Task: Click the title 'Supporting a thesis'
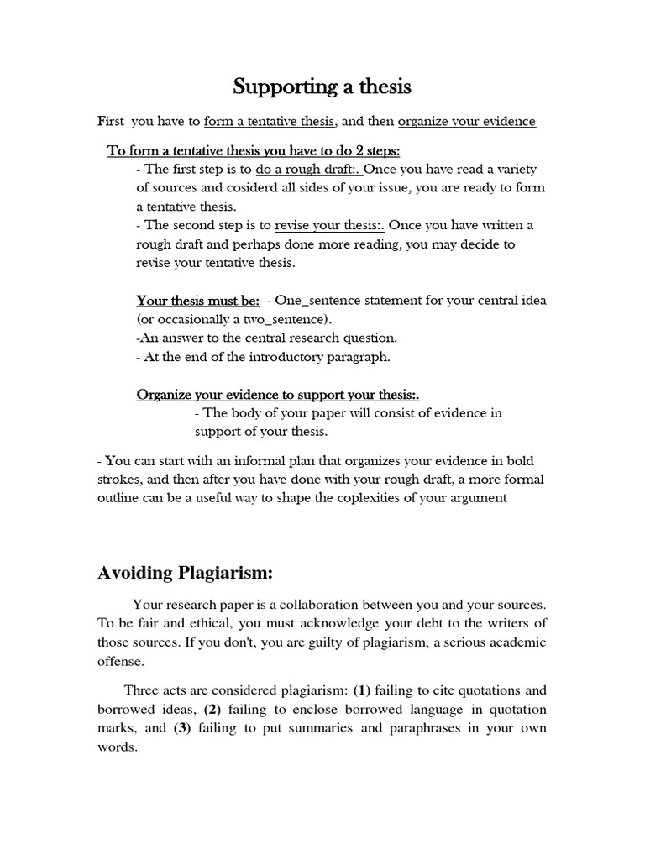(322, 87)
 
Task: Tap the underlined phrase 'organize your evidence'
(466, 122)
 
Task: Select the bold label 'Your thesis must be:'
(197, 301)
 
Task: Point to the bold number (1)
(361, 690)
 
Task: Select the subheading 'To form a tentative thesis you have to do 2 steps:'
(254, 151)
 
